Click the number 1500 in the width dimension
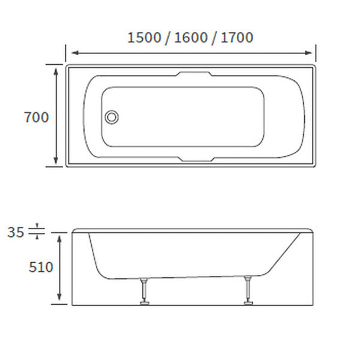(x=144, y=38)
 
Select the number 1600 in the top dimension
(x=190, y=38)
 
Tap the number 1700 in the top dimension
(x=236, y=38)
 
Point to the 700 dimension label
(x=36, y=118)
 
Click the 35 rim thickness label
(x=17, y=231)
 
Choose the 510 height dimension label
(x=41, y=267)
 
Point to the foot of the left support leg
(x=144, y=303)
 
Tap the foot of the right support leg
(x=247, y=303)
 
